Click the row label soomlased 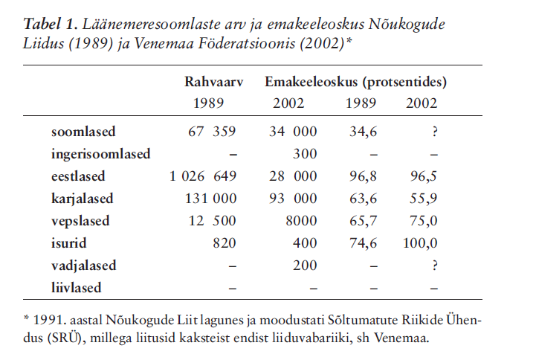click(x=83, y=132)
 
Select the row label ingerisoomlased click(x=100, y=155)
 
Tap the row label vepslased click(x=80, y=221)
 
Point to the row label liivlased click(x=76, y=287)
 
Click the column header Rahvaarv click(x=214, y=81)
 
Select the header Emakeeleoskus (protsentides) click(x=355, y=81)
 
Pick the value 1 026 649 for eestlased click(x=203, y=177)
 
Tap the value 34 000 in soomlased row click(x=293, y=132)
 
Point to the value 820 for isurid click(x=225, y=243)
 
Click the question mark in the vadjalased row click(x=433, y=266)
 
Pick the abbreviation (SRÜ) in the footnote click(x=71, y=338)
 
